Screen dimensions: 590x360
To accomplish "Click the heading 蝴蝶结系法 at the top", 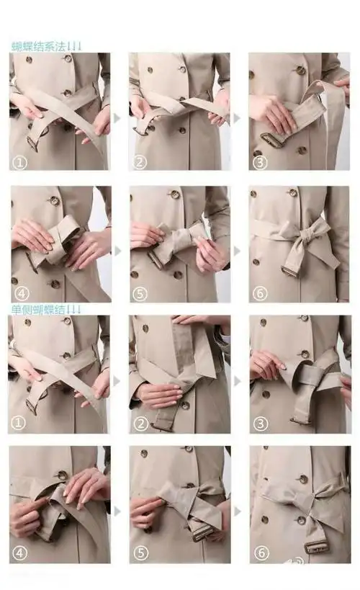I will pos(40,46).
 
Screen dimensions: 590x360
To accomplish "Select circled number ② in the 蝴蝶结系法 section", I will pos(140,163).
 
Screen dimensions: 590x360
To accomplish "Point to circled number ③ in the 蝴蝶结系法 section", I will pos(261,163).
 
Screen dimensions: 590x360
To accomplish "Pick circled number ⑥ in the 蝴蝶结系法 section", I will pos(261,293).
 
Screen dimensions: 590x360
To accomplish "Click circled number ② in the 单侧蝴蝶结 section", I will pos(140,424).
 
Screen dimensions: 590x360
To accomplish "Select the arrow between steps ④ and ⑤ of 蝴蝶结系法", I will pos(117,251).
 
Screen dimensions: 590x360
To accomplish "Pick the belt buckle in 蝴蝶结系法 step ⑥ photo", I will pos(291,272).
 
